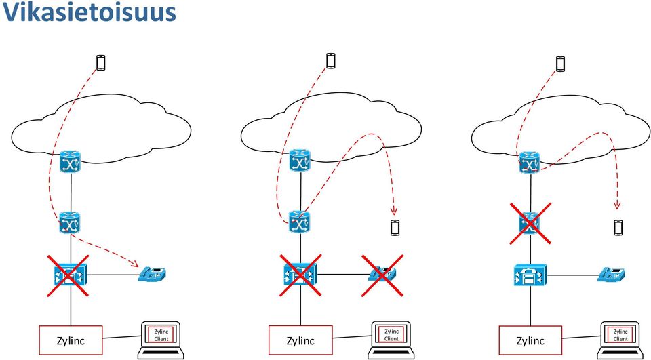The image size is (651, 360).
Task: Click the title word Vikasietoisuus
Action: pos(90,12)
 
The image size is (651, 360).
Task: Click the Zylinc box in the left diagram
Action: pos(71,341)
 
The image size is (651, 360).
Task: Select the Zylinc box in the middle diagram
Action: pos(300,341)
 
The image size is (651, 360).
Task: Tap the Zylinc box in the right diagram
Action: pos(530,341)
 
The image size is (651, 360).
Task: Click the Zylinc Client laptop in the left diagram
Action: pos(161,340)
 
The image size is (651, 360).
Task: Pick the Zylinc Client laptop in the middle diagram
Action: pos(391,340)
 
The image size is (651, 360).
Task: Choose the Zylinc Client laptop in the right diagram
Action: pos(620,340)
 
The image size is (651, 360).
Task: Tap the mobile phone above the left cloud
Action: pos(100,62)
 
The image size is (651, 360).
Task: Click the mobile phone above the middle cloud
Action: pos(330,60)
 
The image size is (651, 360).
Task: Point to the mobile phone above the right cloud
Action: pos(561,64)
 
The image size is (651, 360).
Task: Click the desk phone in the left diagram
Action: pos(152,274)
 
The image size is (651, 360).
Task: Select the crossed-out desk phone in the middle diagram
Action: pos(382,275)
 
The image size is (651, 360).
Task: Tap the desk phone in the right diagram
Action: pos(612,275)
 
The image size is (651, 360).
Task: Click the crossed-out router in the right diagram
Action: pos(530,223)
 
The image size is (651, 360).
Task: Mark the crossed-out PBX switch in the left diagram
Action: pos(71,275)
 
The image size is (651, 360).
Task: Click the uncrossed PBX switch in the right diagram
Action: pos(530,275)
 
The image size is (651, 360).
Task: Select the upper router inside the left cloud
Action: pos(70,161)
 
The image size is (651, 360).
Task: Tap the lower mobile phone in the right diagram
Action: pos(618,228)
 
